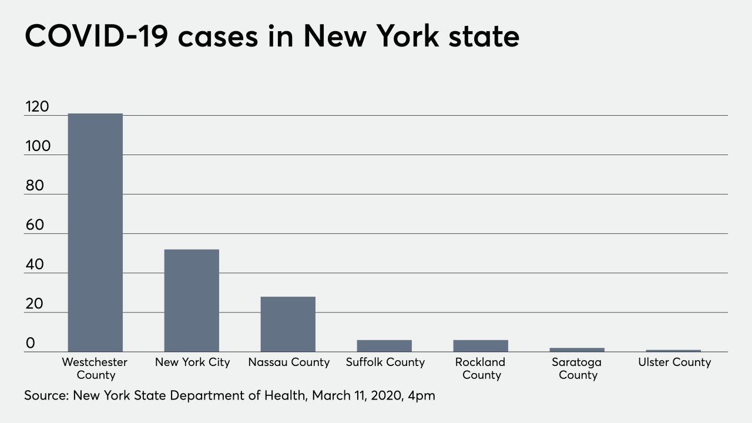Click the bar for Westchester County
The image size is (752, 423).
(95, 233)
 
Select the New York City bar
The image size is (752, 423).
(192, 300)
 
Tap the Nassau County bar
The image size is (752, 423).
(288, 324)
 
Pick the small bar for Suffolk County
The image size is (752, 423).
(384, 345)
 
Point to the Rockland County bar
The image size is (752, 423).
(481, 345)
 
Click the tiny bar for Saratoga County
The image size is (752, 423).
(577, 350)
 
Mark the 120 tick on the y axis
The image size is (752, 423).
(37, 107)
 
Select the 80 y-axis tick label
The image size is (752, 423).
(35, 186)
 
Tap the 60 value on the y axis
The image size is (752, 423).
(35, 225)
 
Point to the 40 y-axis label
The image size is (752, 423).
(35, 264)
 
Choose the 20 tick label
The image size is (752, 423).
(35, 304)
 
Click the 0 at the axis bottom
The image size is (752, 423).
(31, 343)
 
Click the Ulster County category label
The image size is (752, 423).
(674, 362)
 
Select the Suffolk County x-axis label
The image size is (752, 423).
(385, 362)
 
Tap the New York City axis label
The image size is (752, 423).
(192, 362)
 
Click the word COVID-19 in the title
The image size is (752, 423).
(95, 36)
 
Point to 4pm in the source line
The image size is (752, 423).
(421, 396)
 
